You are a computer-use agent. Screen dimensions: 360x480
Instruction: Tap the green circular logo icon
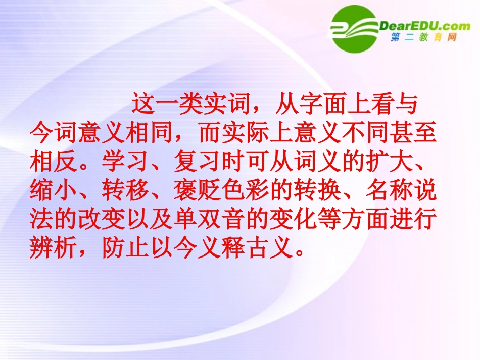click(355, 29)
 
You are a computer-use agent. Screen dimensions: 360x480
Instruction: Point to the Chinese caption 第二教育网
click(424, 38)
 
